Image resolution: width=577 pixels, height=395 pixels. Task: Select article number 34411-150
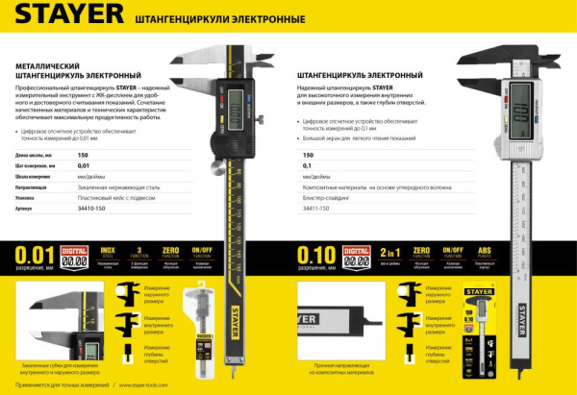[x=316, y=208]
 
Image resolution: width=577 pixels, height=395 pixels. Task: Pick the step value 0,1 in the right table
[x=308, y=165]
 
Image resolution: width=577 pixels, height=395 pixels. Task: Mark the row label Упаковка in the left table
[x=28, y=196]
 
